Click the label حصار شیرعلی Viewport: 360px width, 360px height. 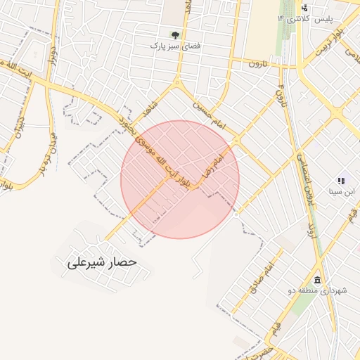[x=101, y=263]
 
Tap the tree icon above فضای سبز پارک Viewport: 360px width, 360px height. [x=175, y=33]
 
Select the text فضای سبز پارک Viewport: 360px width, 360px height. [x=175, y=46]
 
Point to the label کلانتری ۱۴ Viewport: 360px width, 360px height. [x=290, y=18]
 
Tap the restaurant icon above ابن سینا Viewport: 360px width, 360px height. [x=341, y=180]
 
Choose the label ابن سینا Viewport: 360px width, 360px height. [x=342, y=191]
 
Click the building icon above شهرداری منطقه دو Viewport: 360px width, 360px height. [x=318, y=280]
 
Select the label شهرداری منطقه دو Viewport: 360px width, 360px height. [x=318, y=290]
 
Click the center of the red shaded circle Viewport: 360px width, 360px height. [x=180, y=179]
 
